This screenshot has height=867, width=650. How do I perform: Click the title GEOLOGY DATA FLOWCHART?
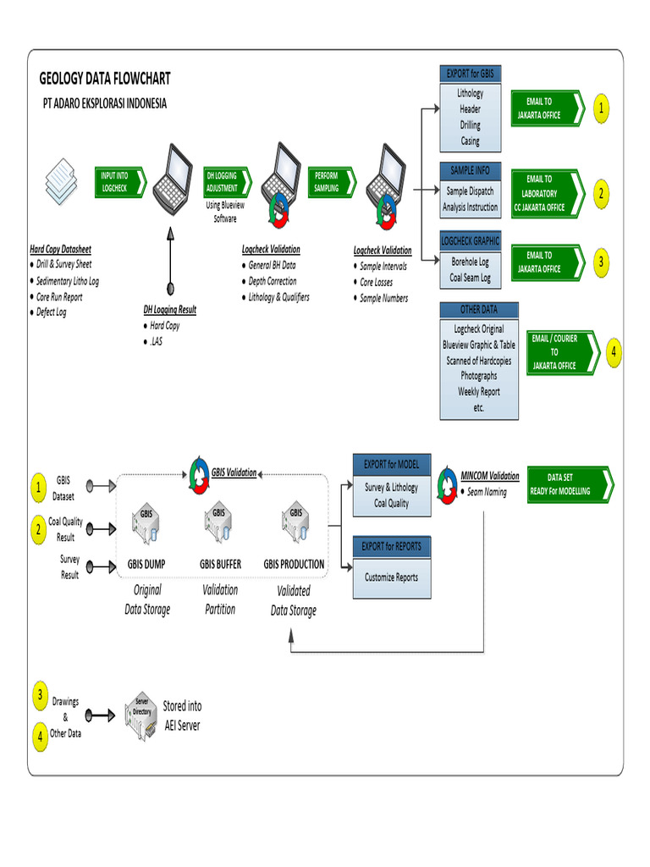(105, 79)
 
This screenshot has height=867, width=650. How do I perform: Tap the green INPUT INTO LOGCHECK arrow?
(118, 182)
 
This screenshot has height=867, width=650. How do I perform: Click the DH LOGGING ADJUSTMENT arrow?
(226, 182)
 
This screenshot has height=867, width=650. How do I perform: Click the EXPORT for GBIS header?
(470, 75)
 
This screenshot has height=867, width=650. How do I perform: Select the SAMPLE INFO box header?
(470, 170)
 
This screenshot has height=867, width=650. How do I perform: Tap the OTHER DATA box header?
(478, 310)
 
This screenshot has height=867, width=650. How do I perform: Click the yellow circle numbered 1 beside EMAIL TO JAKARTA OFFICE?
(601, 108)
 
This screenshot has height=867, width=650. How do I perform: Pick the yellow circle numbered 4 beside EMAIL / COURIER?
(613, 352)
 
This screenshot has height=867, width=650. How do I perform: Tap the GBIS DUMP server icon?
(146, 526)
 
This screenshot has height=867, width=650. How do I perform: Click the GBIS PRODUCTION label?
(294, 564)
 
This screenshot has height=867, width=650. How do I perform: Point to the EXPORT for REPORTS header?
(391, 546)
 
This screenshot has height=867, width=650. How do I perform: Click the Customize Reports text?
(391, 577)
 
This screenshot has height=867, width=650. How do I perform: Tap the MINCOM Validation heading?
(490, 476)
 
